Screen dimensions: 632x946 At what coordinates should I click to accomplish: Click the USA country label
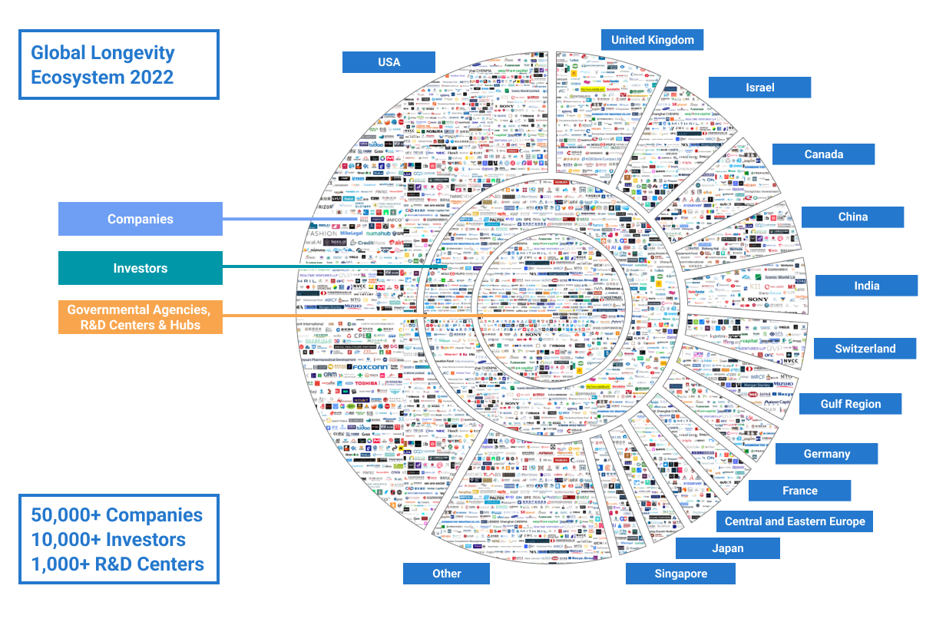click(x=389, y=62)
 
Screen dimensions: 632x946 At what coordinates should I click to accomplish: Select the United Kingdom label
click(x=653, y=40)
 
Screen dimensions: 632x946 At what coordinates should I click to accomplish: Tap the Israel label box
click(x=759, y=88)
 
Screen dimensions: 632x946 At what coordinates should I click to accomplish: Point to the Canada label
click(x=823, y=154)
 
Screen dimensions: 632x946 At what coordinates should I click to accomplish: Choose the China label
click(x=852, y=217)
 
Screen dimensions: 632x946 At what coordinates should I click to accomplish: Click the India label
click(x=866, y=286)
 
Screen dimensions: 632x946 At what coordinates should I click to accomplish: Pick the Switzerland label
click(x=865, y=349)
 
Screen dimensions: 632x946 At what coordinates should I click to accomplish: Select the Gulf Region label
click(x=850, y=404)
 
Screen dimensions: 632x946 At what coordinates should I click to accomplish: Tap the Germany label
click(x=826, y=454)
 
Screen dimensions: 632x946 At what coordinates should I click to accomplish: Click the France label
click(x=799, y=491)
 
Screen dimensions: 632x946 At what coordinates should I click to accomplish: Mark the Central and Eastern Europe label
click(x=795, y=521)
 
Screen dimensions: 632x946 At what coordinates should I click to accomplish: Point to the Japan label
click(x=727, y=548)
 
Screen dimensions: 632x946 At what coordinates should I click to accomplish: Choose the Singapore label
click(x=680, y=574)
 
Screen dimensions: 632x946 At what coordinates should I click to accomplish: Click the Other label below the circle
click(x=446, y=574)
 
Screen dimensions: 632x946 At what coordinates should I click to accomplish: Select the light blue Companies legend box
click(x=141, y=219)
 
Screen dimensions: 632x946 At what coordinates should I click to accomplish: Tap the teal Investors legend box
click(x=141, y=268)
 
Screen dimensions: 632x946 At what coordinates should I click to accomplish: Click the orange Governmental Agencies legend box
click(x=141, y=317)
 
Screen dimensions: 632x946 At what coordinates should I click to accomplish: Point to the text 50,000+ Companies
click(x=117, y=515)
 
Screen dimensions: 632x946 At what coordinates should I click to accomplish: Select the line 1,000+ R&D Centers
click(x=117, y=564)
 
